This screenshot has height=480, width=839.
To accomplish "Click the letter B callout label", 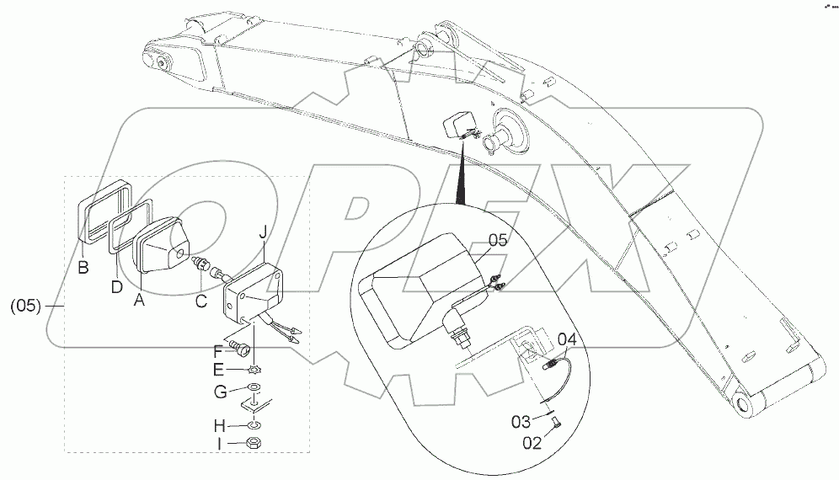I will coord(83,269).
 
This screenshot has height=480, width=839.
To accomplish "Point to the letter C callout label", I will coord(200,299).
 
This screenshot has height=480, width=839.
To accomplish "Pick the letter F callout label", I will coord(216,351).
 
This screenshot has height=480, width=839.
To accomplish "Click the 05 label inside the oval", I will coord(498,239).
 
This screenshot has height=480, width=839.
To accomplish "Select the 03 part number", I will coord(522,420).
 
